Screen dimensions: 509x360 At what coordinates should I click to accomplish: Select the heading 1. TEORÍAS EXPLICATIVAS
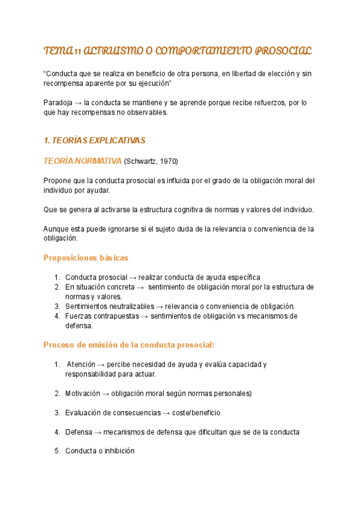[95, 140]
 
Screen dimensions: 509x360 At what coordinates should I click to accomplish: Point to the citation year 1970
[167, 161]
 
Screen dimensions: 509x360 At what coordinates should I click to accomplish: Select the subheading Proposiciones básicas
[86, 258]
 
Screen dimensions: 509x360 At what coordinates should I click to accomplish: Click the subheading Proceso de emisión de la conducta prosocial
[129, 345]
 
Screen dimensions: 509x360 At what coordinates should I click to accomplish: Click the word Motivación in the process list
[83, 393]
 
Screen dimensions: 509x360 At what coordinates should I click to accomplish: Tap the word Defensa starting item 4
[79, 432]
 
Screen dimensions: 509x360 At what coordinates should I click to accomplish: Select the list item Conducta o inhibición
[100, 451]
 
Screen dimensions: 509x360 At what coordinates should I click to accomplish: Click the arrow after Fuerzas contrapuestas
[145, 316]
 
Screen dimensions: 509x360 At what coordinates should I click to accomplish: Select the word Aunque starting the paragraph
[58, 229]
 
